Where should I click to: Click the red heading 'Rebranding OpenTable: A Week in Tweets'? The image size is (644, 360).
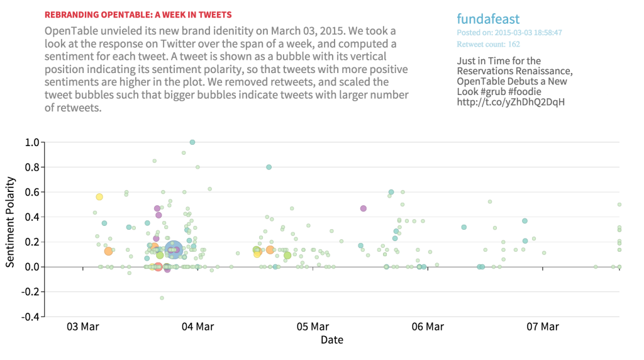click(138, 14)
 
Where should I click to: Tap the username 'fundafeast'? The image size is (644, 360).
click(488, 19)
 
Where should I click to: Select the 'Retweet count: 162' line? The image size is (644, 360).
click(488, 44)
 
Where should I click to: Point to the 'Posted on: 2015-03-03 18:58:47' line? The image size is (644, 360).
click(509, 32)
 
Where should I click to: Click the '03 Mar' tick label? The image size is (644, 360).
click(82, 327)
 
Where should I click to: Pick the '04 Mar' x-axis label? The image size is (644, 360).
click(197, 327)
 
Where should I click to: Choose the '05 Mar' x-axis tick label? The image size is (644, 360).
click(313, 327)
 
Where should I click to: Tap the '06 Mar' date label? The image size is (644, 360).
click(428, 327)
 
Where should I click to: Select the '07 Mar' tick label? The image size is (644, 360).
click(543, 327)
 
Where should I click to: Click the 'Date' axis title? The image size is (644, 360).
click(332, 340)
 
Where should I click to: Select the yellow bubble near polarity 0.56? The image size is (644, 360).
click(99, 197)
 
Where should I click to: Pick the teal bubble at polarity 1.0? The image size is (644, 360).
click(192, 142)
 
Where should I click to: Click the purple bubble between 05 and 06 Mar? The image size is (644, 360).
click(363, 208)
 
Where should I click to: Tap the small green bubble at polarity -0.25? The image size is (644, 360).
click(162, 298)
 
